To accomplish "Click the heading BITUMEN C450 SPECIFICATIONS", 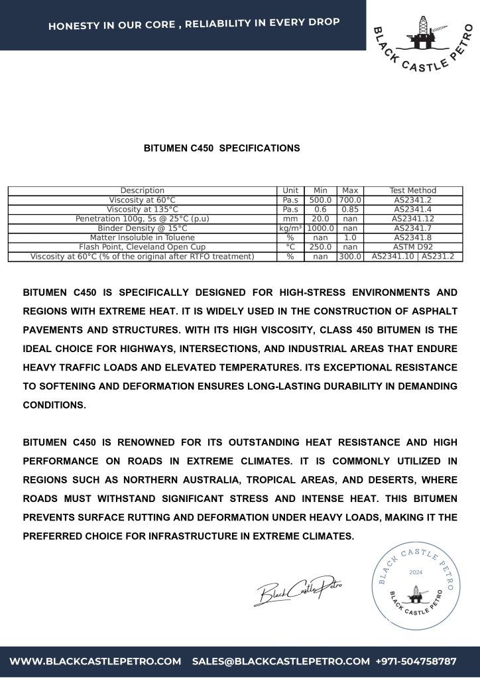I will [221, 148].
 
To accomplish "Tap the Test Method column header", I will [413, 190].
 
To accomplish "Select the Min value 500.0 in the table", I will [320, 200].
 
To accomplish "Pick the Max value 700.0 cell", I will [349, 200].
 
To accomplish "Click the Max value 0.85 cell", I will [349, 209].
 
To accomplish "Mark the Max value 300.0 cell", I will [349, 256].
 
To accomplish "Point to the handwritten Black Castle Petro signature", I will [298, 589].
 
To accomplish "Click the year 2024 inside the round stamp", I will [416, 571].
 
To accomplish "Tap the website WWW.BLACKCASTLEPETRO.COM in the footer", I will [95, 661].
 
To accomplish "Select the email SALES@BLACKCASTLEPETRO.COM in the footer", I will [280, 661].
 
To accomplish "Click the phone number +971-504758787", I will [416, 661].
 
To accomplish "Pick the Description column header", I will [143, 190].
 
